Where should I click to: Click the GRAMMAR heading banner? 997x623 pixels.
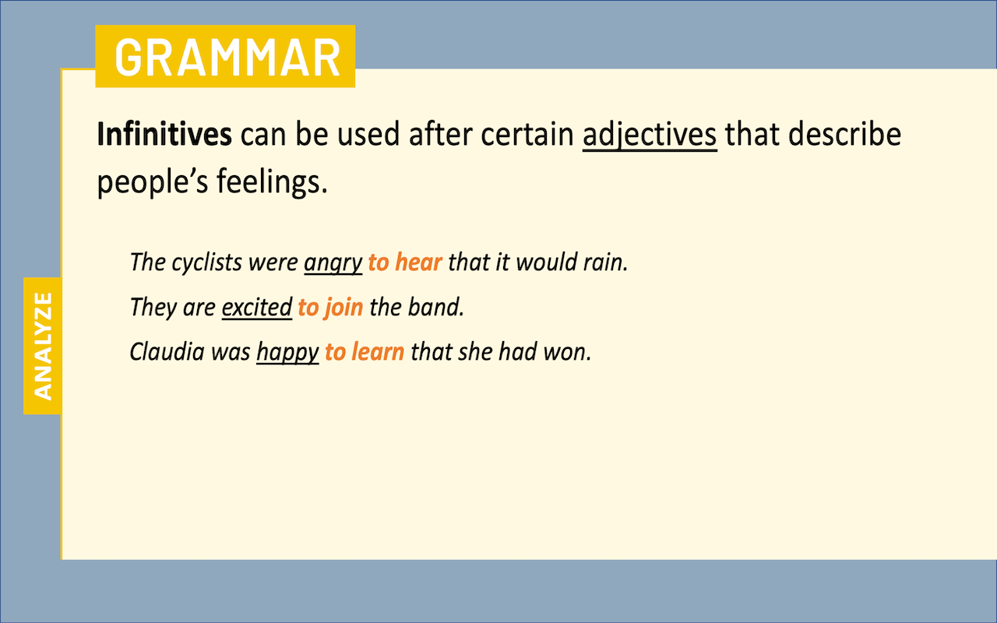(x=225, y=56)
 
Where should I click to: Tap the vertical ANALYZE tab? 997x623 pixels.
(x=42, y=346)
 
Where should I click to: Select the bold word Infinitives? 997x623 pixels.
(x=164, y=134)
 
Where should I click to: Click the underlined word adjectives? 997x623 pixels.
(x=650, y=136)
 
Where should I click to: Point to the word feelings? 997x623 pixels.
(x=272, y=182)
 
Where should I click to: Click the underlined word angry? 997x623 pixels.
(x=333, y=263)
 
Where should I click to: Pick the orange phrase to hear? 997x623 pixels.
(x=405, y=262)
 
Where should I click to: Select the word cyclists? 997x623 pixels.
(x=207, y=262)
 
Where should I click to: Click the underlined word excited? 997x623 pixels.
(x=257, y=307)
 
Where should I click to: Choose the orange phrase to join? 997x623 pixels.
(x=330, y=308)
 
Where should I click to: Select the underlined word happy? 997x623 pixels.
(x=287, y=353)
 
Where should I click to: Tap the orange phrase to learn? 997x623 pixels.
(x=365, y=351)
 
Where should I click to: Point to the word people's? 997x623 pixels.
(x=152, y=183)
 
